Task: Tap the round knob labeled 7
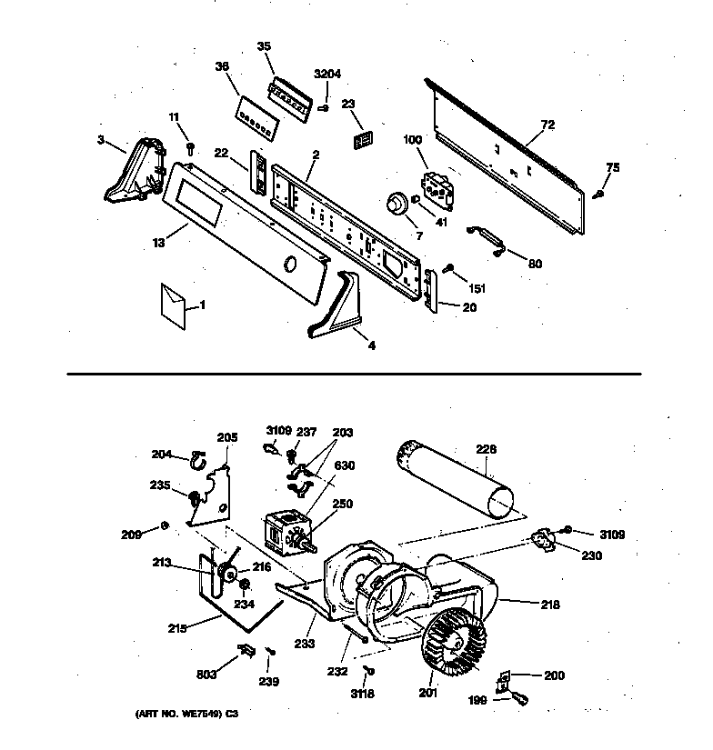coord(397,204)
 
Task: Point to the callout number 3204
coord(326,74)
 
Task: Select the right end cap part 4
coord(336,306)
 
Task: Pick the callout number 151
coord(477,288)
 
